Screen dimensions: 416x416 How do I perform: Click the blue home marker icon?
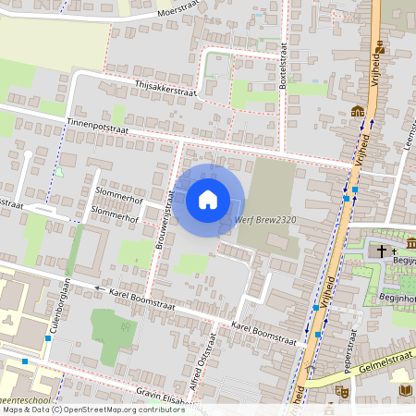coord(208,199)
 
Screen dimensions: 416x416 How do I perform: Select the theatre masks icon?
coord(341,392)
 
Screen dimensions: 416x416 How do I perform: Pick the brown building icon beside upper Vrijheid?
coord(357,113)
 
